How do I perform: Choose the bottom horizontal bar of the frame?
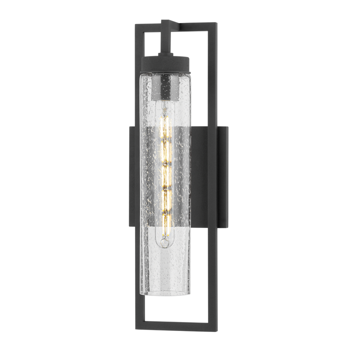175,332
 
